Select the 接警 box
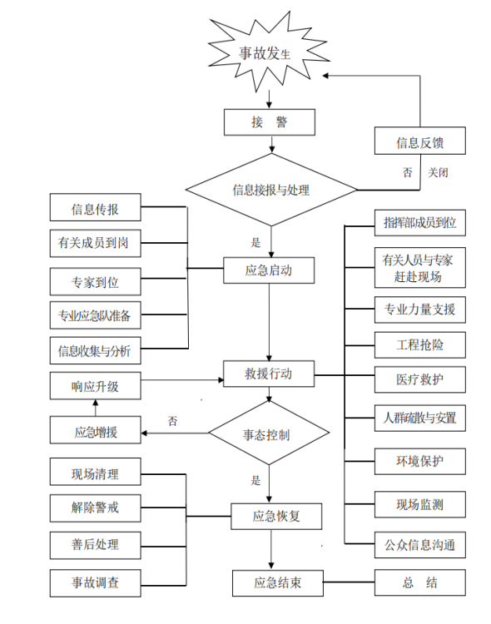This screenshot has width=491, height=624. click(x=269, y=122)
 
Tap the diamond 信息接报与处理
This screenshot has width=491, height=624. click(x=270, y=190)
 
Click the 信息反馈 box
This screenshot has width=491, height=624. click(x=419, y=141)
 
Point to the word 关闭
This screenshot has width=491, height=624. click(x=439, y=173)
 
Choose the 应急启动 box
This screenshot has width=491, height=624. click(x=269, y=270)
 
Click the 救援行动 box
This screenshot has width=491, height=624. click(x=269, y=374)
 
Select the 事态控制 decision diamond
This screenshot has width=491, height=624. click(x=266, y=434)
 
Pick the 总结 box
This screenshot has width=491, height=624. click(x=419, y=582)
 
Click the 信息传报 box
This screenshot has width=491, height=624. click(x=95, y=209)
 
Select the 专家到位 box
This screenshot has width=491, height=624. click(x=95, y=282)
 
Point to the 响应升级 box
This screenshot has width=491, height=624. click(x=95, y=387)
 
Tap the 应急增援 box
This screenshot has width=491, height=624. click(x=95, y=432)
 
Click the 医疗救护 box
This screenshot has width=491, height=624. click(x=419, y=379)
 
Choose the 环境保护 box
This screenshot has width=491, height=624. click(x=419, y=461)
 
